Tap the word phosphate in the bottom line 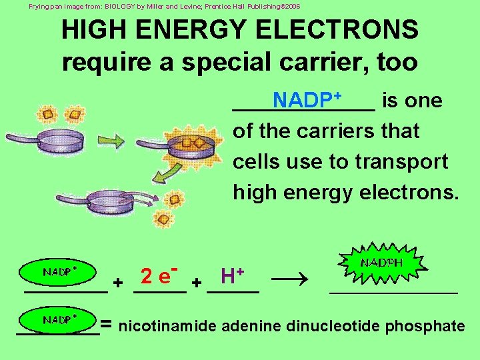[425, 326]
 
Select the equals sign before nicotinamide [107, 325]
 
